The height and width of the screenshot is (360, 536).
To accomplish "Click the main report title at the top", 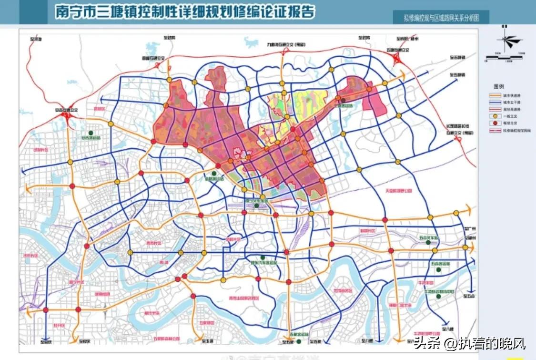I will (x=185, y=11).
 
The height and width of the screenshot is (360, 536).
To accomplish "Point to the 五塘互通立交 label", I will (x=398, y=49).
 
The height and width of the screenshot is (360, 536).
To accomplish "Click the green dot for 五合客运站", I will (x=440, y=270).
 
